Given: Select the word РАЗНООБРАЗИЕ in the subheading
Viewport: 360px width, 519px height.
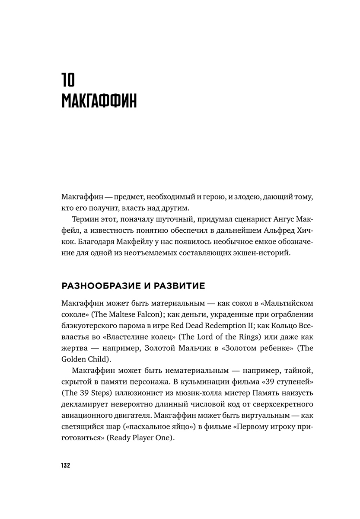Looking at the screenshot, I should point(100,286).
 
